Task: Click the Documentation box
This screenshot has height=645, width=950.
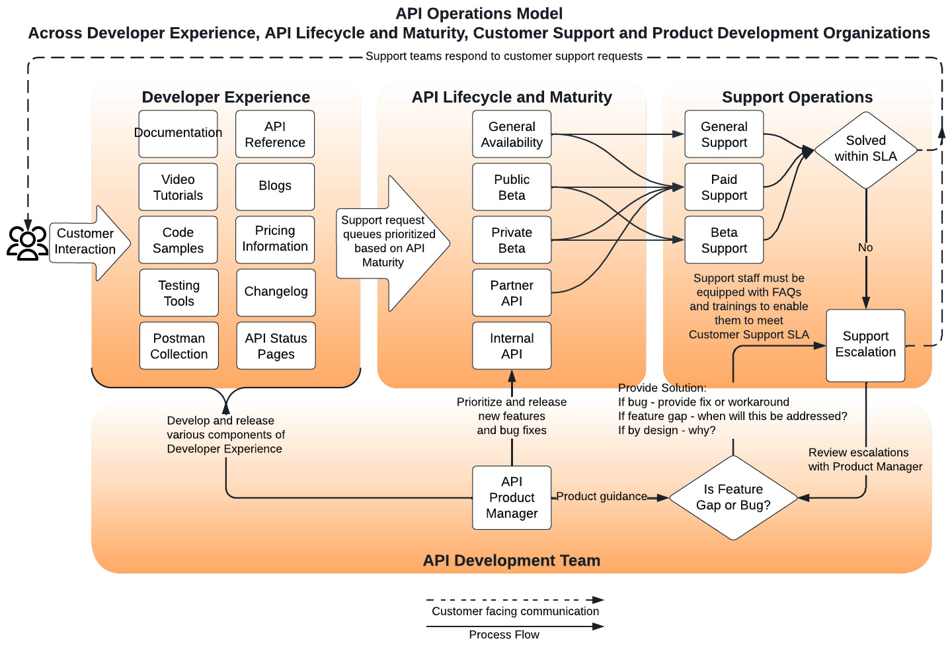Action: pyautogui.click(x=178, y=134)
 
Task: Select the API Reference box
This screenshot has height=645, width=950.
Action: pyautogui.click(x=275, y=134)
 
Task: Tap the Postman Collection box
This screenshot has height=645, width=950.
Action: pyautogui.click(x=178, y=346)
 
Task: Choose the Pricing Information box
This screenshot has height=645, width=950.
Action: pyautogui.click(x=275, y=239)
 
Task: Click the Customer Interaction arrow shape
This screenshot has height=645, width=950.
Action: pyautogui.click(x=86, y=242)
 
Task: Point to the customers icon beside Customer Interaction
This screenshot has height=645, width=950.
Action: pyautogui.click(x=27, y=243)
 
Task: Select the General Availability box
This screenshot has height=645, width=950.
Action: pyautogui.click(x=512, y=134)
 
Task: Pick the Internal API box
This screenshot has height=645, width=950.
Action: pyautogui.click(x=512, y=346)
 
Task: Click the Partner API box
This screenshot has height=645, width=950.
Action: pyautogui.click(x=512, y=293)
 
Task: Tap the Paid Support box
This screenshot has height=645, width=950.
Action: pyautogui.click(x=724, y=187)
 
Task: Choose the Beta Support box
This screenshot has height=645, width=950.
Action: pyautogui.click(x=724, y=240)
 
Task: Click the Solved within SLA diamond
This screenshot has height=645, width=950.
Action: pyautogui.click(x=865, y=150)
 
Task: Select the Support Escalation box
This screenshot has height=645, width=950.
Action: pyautogui.click(x=865, y=345)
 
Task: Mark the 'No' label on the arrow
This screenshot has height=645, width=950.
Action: pyautogui.click(x=865, y=247)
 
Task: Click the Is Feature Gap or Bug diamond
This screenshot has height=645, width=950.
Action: pyautogui.click(x=733, y=497)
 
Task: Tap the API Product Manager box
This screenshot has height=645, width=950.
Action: pyautogui.click(x=512, y=497)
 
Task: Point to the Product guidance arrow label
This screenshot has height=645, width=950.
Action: pyautogui.click(x=601, y=496)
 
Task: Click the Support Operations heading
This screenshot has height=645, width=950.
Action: pyautogui.click(x=797, y=97)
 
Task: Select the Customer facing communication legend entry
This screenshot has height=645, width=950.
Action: pyautogui.click(x=515, y=611)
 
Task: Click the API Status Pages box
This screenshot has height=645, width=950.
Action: pyautogui.click(x=276, y=346)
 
